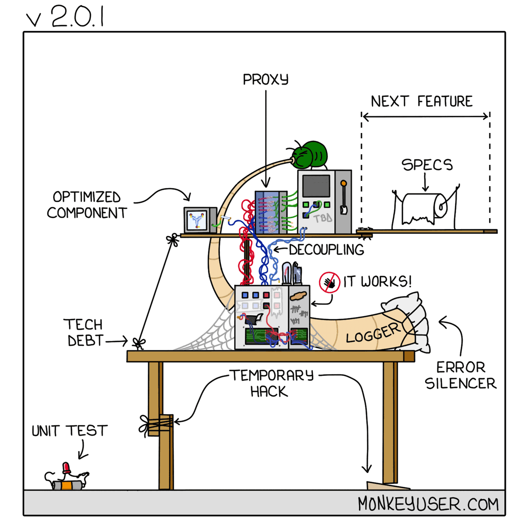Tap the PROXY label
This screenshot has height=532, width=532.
pyautogui.click(x=266, y=80)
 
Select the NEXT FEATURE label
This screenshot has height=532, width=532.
pyautogui.click(x=422, y=102)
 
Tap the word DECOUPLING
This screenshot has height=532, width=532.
pyautogui.click(x=326, y=250)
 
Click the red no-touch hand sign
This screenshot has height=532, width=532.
pyautogui.click(x=329, y=282)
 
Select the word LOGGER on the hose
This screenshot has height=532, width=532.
pyautogui.click(x=373, y=333)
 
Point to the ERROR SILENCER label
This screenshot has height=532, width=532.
pyautogui.click(x=461, y=375)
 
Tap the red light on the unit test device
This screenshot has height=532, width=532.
pyautogui.click(x=66, y=467)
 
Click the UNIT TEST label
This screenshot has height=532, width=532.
pyautogui.click(x=70, y=431)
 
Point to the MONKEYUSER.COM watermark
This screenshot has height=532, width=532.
pyautogui.click(x=428, y=504)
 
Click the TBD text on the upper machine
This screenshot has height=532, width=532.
pyautogui.click(x=323, y=218)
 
